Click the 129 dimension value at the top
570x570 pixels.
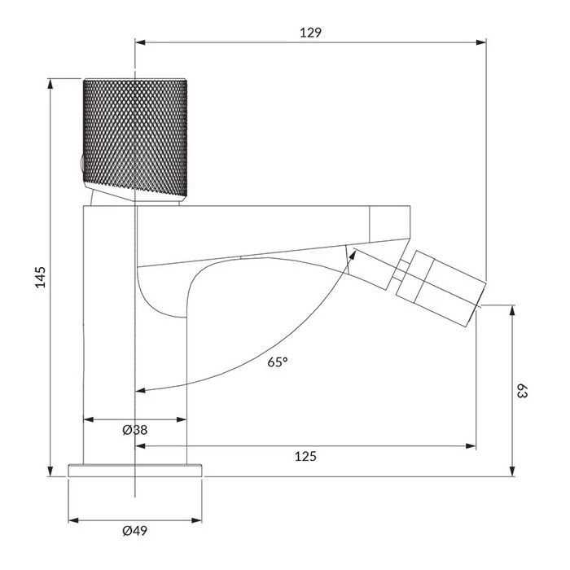pyautogui.click(x=310, y=33)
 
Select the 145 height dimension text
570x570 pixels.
pyautogui.click(x=41, y=277)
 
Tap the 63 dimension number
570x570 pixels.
pyautogui.click(x=522, y=391)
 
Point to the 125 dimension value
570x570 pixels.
pyautogui.click(x=305, y=456)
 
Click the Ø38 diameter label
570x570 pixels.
pyautogui.click(x=135, y=430)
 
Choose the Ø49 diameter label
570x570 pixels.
pyautogui.click(x=135, y=531)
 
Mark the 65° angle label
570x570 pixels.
pyautogui.click(x=278, y=362)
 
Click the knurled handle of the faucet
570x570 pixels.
pyautogui.click(x=135, y=138)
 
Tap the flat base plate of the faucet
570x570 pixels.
pyautogui.click(x=135, y=470)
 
